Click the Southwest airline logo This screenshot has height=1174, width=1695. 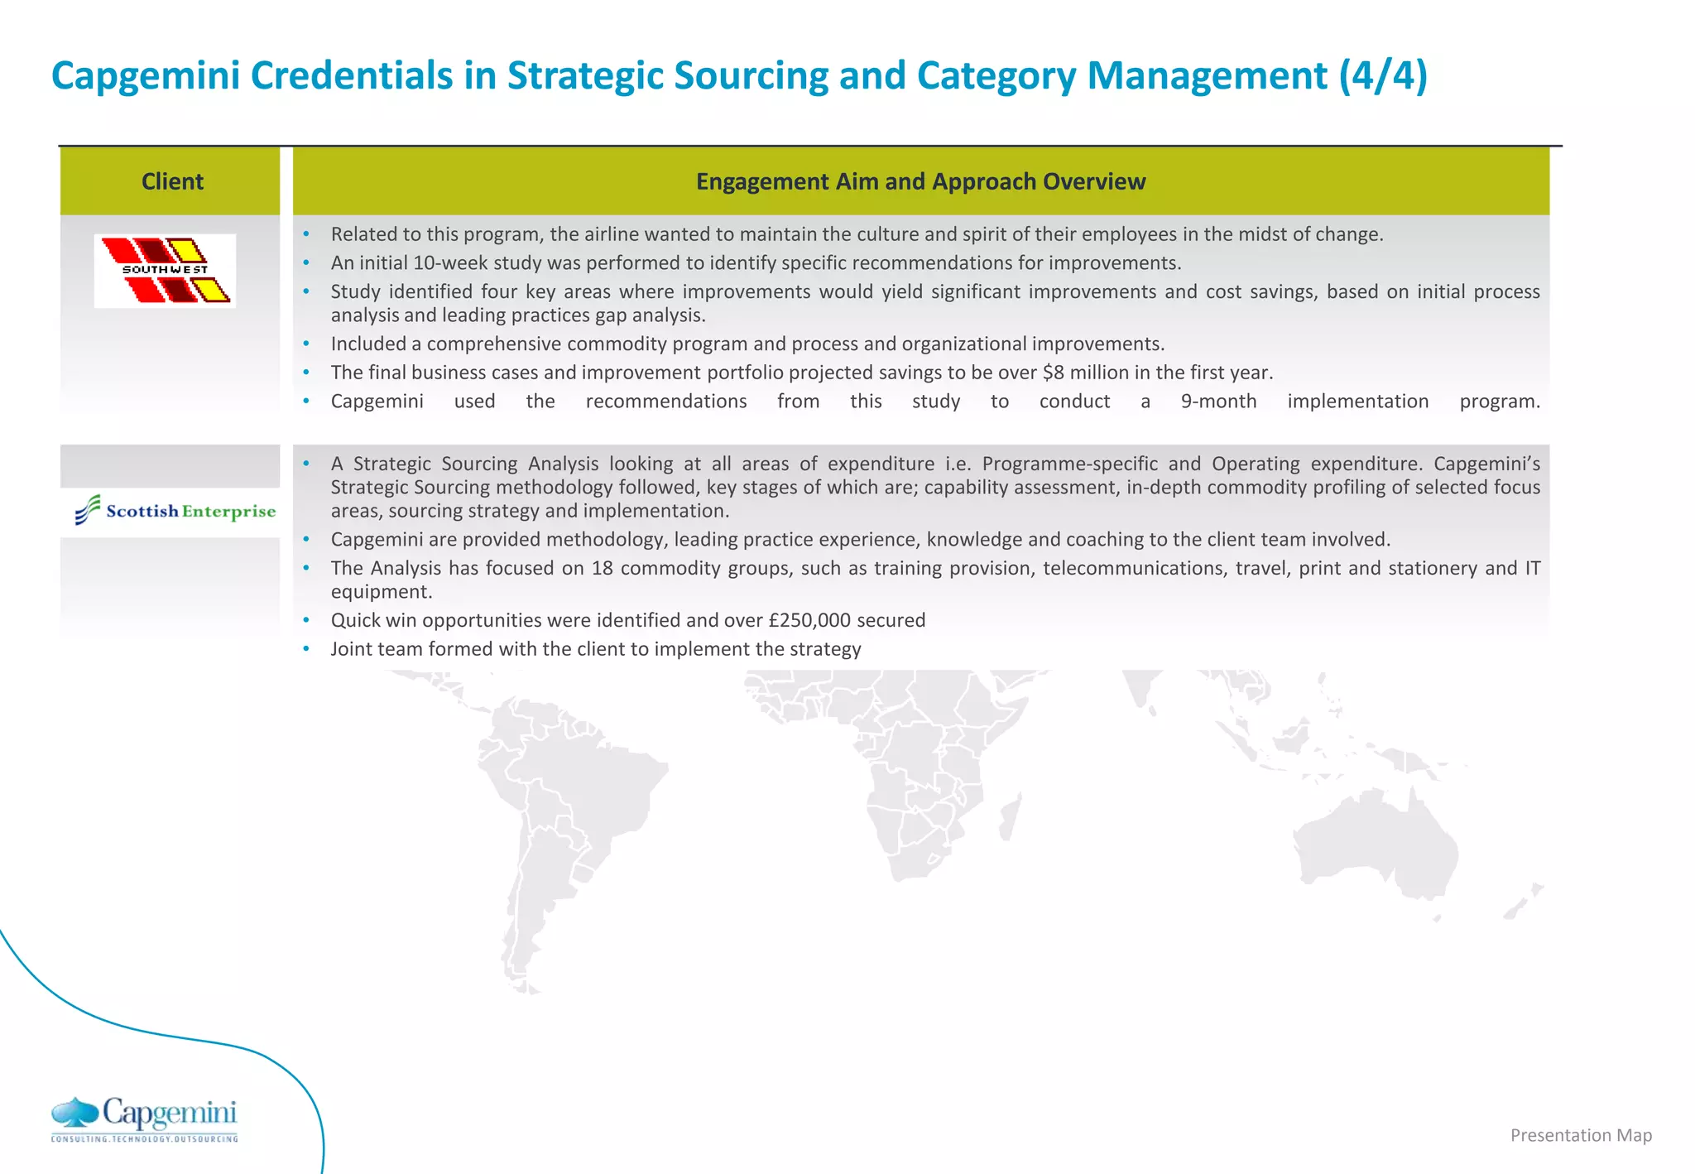click(165, 271)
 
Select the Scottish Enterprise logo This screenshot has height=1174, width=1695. click(175, 510)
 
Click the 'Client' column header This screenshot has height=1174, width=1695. click(172, 181)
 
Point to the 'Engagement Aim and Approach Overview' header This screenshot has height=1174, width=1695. click(920, 181)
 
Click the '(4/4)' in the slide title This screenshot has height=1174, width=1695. click(1383, 76)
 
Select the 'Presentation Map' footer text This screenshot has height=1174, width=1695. click(1580, 1135)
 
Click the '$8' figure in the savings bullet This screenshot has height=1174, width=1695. click(1053, 373)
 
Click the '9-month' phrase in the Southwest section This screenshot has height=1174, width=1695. click(1218, 402)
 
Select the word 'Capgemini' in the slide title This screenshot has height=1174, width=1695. click(146, 76)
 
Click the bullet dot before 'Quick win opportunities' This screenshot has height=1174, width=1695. click(306, 620)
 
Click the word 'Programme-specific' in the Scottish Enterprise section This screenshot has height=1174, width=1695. click(1069, 464)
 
